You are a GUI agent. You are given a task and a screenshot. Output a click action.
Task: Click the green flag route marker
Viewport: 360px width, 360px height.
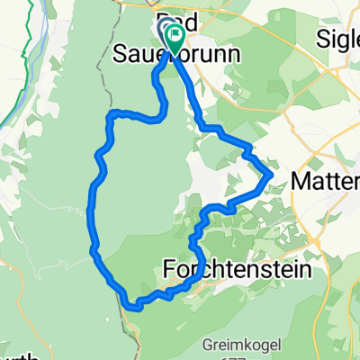pyautogui.click(x=173, y=38)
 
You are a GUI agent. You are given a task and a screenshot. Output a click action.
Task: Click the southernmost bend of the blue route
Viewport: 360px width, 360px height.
pyautogui.click(x=138, y=307)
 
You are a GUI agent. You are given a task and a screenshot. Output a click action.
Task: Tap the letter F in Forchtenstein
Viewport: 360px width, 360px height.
pyautogui.click(x=170, y=268)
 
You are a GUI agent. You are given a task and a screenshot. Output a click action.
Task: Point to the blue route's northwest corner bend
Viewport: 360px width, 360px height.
pyautogui.click(x=111, y=115)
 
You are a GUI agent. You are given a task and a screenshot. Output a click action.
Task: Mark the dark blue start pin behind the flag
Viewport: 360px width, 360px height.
pyautogui.click(x=166, y=32)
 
